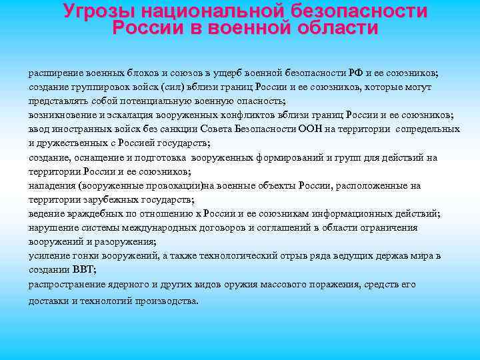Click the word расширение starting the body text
point(54,73)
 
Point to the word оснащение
point(96,157)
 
